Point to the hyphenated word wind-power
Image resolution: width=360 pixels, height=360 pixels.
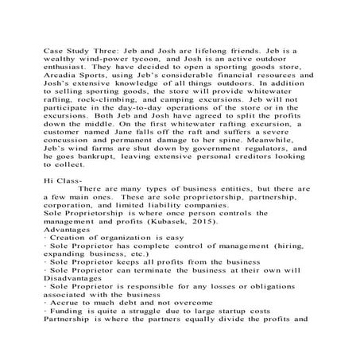[102, 60]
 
